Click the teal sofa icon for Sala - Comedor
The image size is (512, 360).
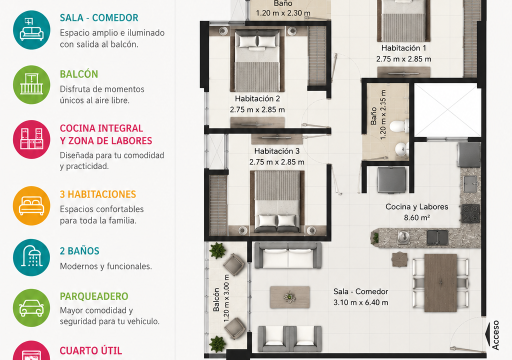coord(31,30)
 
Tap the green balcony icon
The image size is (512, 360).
coord(31,84)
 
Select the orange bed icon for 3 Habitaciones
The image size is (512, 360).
coord(31,206)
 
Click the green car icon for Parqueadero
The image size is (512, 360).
coord(31,307)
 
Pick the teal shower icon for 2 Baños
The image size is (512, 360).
coord(31,257)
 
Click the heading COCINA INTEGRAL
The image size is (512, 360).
coord(101,128)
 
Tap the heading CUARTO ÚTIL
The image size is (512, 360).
coord(91,350)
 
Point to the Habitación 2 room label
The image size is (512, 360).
coord(257,98)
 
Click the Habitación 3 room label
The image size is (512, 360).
coord(277,151)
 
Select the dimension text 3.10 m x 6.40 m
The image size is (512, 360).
coord(361,302)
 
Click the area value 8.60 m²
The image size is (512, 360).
coord(416,217)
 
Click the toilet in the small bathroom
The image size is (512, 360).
coord(399,126)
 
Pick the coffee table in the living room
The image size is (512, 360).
coord(289,297)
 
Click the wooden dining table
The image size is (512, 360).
coord(440,283)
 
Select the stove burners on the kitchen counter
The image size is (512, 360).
coord(470,213)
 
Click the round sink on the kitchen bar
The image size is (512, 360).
coord(403,236)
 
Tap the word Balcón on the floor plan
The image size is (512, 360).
coord(216,299)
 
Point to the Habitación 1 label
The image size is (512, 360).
coord(403,48)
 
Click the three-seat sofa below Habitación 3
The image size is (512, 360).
coord(287,255)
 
